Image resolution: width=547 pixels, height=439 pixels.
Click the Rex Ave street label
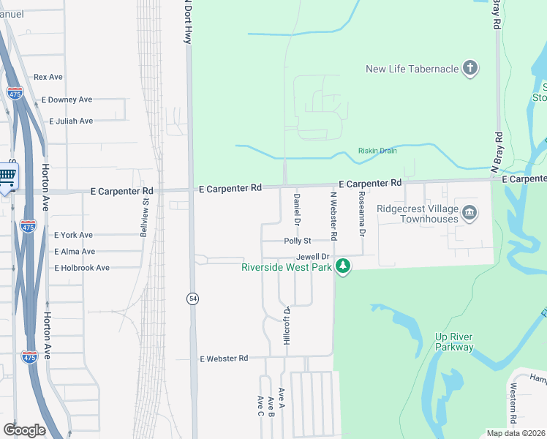pos(48,77)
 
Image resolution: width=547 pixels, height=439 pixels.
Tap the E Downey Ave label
pos(67,100)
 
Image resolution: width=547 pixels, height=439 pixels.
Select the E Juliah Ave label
pos(71,121)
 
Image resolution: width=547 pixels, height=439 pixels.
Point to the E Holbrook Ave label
pos(82,268)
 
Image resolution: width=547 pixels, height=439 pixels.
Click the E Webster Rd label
pos(224,359)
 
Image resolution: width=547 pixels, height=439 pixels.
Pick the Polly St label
pos(298,241)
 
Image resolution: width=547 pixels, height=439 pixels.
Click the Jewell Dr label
pos(313,258)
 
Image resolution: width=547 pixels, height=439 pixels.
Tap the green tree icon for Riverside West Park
pos(342,267)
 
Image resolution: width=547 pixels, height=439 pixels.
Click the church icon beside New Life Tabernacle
pos(470,70)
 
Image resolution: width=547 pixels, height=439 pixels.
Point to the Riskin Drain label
pos(377,151)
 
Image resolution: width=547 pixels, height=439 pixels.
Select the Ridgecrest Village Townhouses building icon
pos(469,213)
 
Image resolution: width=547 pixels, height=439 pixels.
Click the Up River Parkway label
pos(454,342)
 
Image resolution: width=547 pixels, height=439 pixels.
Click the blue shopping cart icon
pos(7,175)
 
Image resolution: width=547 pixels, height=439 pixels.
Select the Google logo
pos(24,429)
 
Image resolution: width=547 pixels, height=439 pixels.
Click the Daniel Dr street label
pos(297,209)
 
